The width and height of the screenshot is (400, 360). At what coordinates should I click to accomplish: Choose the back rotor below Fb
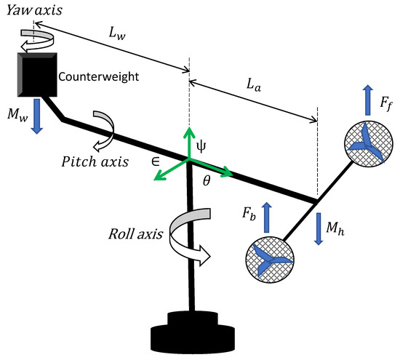point(269,261)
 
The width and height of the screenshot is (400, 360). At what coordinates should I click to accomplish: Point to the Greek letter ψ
point(202,145)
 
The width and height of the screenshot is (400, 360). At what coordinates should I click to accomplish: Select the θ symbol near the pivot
point(206,186)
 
